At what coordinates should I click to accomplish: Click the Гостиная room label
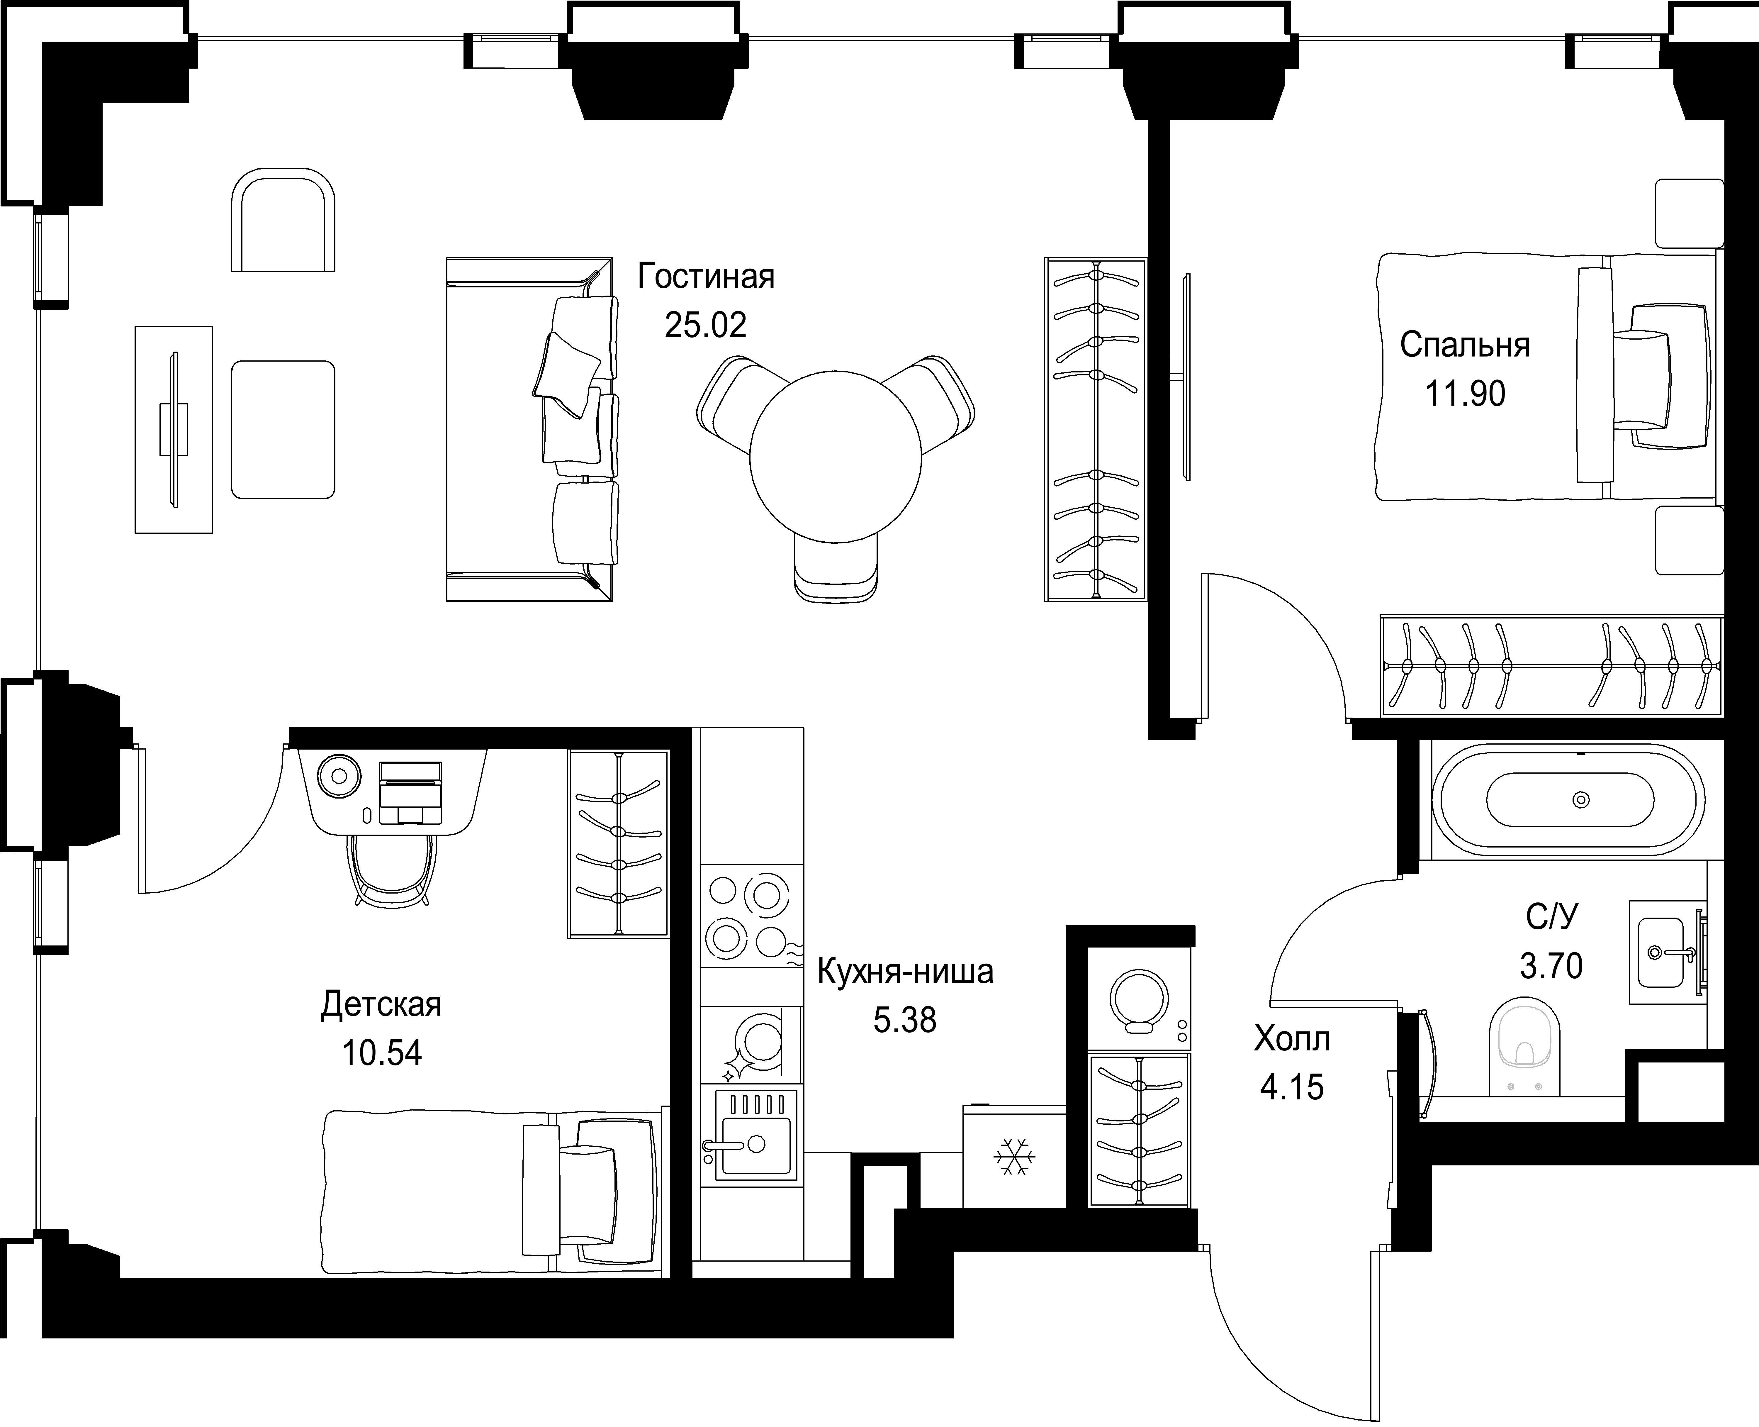(706, 277)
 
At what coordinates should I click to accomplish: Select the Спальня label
(1465, 345)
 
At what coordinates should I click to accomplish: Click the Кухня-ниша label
(905, 972)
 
